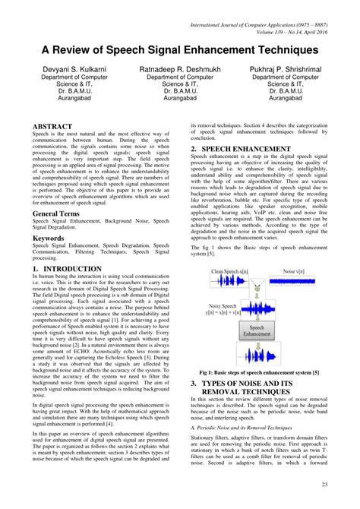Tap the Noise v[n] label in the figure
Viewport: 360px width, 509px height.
coord(292,271)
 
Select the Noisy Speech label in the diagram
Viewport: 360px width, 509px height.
coord(223,304)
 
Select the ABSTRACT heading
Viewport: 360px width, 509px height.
coord(52,126)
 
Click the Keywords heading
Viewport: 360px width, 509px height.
coord(48,238)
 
